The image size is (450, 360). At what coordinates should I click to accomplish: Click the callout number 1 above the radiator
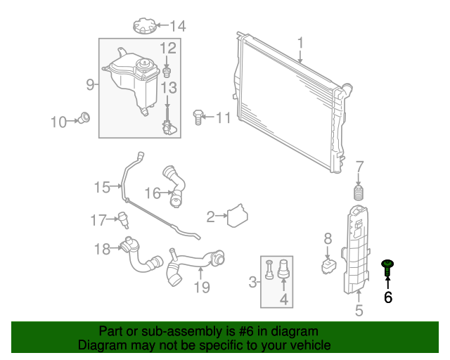300,44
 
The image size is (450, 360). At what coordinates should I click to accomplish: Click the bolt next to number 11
198,116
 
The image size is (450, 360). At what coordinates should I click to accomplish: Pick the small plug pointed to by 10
85,117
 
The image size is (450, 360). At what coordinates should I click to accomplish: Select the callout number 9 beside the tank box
90,85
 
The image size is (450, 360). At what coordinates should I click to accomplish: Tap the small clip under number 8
328,266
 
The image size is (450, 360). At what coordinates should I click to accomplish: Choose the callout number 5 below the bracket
359,309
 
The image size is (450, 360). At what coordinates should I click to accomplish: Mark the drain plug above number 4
285,268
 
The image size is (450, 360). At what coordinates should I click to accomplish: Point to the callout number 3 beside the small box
253,283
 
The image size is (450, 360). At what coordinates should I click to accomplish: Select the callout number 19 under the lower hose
202,287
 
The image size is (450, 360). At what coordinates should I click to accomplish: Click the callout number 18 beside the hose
103,248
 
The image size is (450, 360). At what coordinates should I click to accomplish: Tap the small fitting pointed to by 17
122,220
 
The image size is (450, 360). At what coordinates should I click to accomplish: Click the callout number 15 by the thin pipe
103,187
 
